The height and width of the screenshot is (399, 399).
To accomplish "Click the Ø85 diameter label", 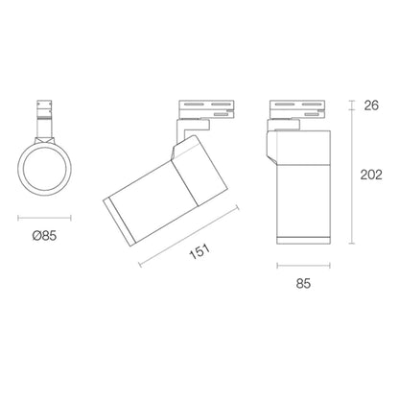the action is tap(44, 236).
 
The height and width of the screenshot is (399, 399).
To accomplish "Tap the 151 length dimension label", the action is tap(199, 251).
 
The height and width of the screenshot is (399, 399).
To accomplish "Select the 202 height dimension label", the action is tap(371, 175).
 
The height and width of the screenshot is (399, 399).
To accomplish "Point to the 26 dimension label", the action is tap(371, 106).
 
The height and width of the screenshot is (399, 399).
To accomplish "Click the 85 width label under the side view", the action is tap(303, 283).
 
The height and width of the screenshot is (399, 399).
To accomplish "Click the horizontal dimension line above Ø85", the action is tap(44, 219).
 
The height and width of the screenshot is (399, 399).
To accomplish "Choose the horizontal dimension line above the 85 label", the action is tap(303, 265).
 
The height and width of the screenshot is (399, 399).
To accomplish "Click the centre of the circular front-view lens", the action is tap(44, 169).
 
